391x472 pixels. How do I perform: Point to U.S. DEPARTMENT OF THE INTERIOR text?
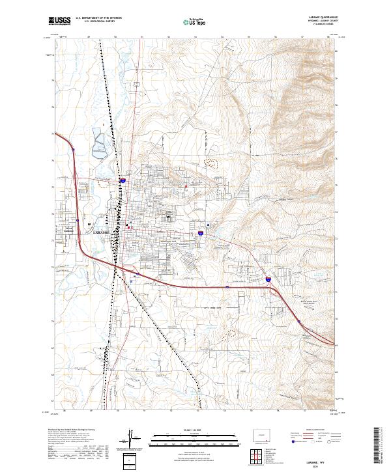click(98, 18)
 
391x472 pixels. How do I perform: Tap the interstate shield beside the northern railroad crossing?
click(123, 180)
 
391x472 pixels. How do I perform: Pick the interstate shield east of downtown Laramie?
click(201, 231)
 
